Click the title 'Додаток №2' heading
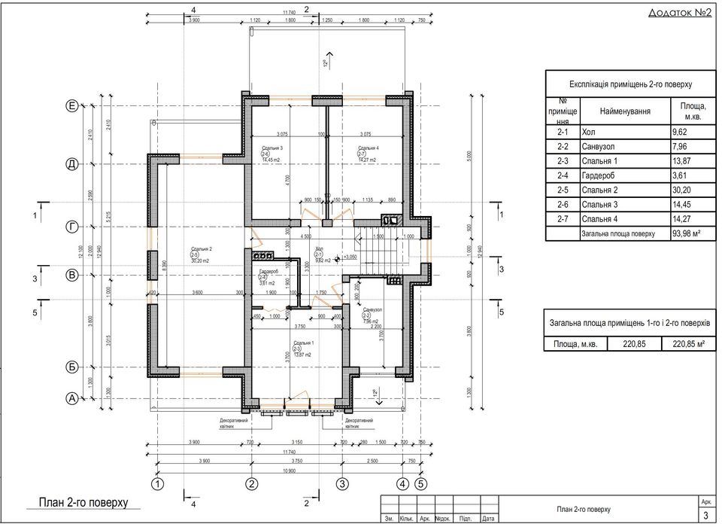tap(679, 14)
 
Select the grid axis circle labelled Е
tap(71, 108)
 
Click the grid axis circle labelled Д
tap(71, 163)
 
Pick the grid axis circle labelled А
tap(71, 399)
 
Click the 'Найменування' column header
tap(624, 111)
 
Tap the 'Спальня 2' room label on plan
tap(202, 248)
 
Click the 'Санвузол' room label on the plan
tap(373, 309)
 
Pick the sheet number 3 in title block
tap(705, 515)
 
